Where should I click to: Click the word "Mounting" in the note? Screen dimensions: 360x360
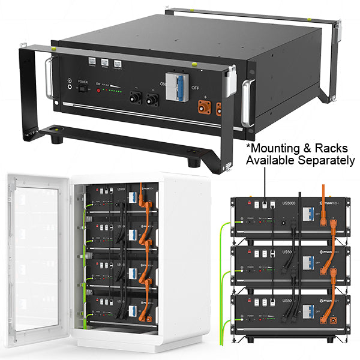pos(275,147)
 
